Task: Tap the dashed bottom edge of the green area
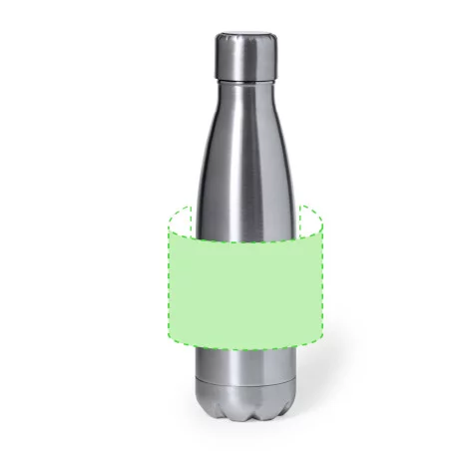[244, 346]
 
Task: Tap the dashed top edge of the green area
[244, 240]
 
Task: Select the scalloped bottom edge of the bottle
[244, 414]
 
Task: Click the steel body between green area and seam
[244, 365]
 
